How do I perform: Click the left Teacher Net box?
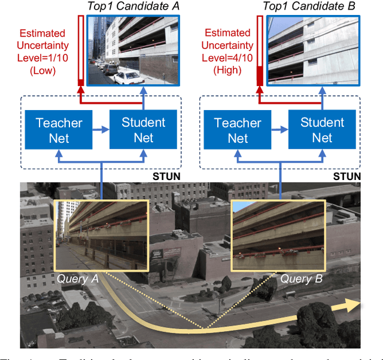59,130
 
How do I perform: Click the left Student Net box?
143,130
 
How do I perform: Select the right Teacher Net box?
238,130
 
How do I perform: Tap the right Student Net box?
322,130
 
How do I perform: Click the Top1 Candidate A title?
132,7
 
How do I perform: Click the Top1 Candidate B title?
309,7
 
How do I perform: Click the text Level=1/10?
44,58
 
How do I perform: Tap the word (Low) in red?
44,70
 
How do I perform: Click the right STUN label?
347,176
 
